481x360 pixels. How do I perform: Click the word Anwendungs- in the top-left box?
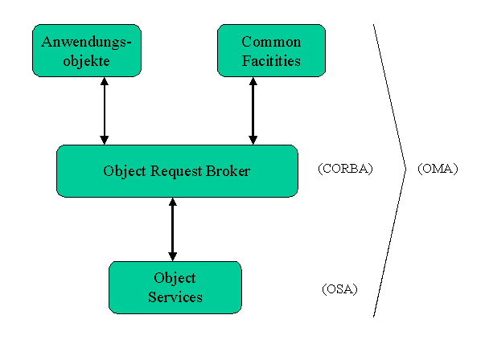[86, 43]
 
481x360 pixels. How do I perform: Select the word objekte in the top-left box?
[87, 61]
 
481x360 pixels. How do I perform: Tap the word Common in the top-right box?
[271, 42]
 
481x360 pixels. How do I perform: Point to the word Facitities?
[271, 60]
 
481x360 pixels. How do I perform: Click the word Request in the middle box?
[176, 172]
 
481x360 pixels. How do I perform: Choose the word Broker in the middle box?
[228, 170]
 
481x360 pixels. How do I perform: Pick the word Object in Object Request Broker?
[125, 172]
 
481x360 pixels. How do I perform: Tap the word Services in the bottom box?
[175, 297]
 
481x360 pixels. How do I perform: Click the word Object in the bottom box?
[175, 279]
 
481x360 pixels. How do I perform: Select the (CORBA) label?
[345, 169]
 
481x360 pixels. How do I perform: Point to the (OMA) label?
[438, 169]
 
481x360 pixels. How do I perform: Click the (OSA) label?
[340, 289]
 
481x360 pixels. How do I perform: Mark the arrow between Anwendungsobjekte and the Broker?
[105, 111]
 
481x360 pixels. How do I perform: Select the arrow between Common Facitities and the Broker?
[253, 111]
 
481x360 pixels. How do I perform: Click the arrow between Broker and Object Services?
[173, 230]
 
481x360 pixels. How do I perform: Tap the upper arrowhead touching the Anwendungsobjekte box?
[105, 81]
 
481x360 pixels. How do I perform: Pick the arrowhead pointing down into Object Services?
[173, 257]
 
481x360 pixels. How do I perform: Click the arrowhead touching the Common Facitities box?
[253, 81]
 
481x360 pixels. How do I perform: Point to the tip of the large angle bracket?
[405, 169]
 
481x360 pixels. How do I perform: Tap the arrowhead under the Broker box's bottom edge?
[173, 202]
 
